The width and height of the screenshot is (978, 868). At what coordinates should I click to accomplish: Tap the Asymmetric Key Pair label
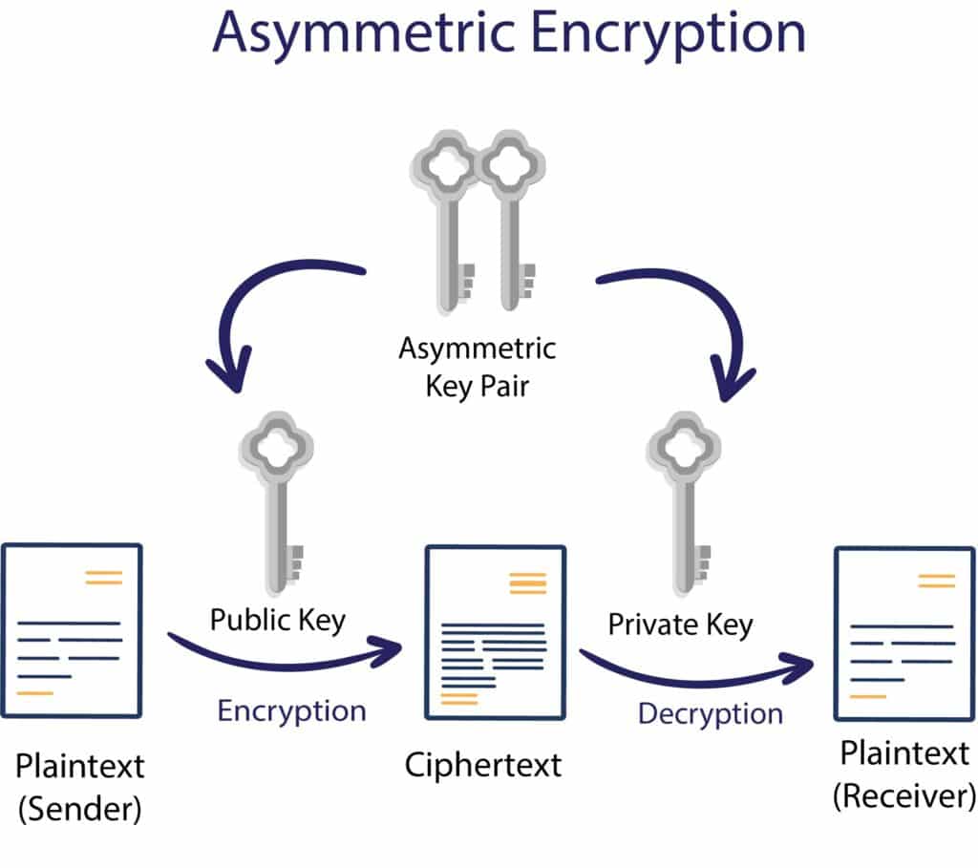pos(477,366)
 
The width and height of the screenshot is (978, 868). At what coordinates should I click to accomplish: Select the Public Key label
pos(278,620)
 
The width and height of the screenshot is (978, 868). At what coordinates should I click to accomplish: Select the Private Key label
pos(680,625)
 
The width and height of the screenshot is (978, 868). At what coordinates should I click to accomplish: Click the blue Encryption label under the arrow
pos(291,710)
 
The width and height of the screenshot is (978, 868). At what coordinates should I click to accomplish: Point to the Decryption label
pos(710,713)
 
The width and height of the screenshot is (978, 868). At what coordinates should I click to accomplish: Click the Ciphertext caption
pos(483,765)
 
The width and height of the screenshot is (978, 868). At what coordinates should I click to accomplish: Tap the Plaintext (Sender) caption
pos(80,787)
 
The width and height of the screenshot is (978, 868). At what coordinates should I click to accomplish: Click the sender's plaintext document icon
pos(72,630)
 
